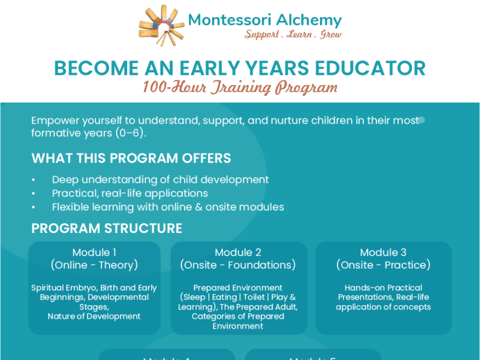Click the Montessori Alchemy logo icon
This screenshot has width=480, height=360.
[161, 25]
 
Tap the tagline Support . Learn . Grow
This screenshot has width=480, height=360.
[292, 35]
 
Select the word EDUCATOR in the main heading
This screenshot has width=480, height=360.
[367, 68]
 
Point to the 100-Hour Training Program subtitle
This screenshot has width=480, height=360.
[240, 87]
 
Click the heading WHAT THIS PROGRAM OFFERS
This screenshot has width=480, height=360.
[131, 158]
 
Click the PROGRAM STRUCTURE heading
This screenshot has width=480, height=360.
[107, 228]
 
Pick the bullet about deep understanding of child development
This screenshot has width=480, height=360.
[160, 180]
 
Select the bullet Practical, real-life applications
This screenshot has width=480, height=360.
[130, 193]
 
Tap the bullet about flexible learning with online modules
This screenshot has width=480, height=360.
[168, 207]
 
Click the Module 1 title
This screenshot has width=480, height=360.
[94, 253]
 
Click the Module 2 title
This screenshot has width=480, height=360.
[238, 253]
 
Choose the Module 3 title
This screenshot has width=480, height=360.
[383, 253]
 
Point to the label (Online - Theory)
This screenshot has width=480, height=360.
[94, 265]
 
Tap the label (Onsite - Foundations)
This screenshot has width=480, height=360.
[238, 265]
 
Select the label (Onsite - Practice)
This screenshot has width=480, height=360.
[383, 265]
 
